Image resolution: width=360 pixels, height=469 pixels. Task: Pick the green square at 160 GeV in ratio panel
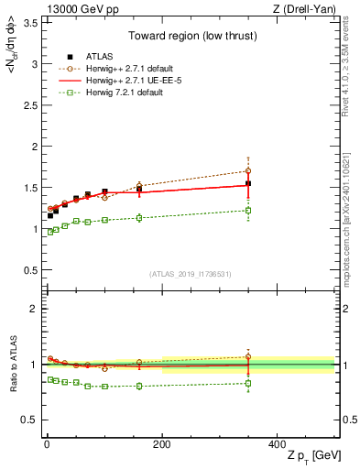click(x=139, y=386)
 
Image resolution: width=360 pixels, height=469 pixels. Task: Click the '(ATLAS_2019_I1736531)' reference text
click(x=189, y=274)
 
